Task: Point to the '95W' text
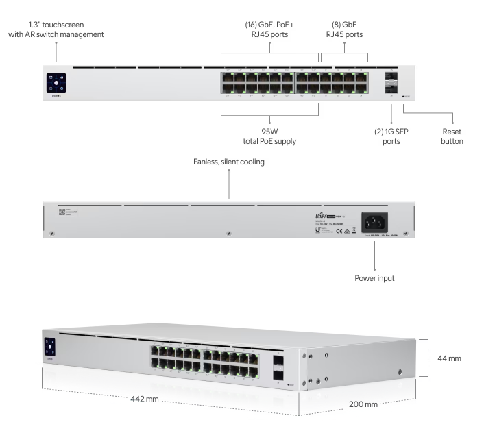point(270,131)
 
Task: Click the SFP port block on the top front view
point(390,82)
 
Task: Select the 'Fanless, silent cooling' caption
point(229,162)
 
